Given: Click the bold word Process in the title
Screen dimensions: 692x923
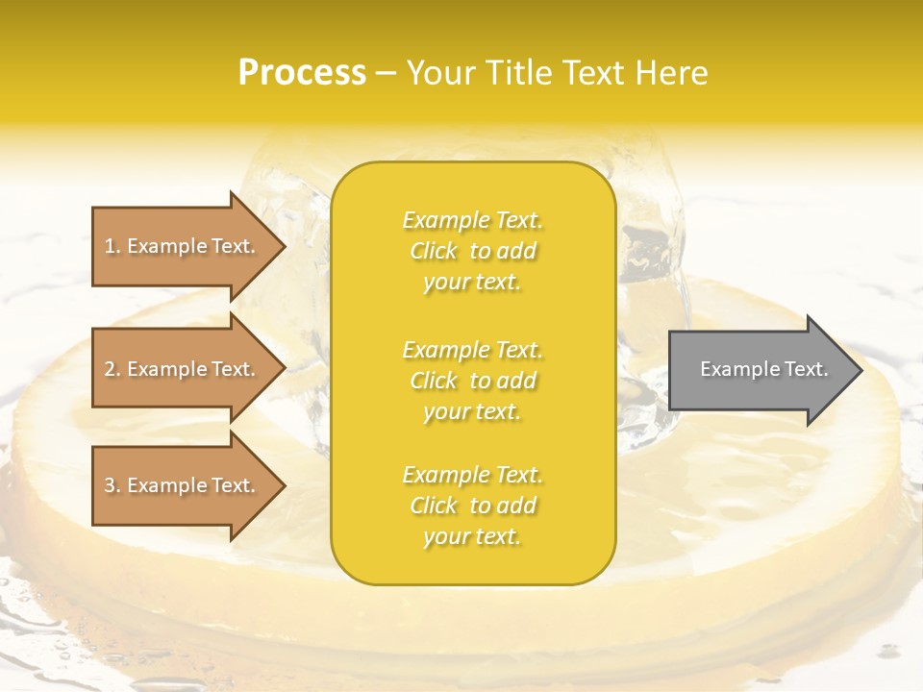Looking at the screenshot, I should tap(302, 73).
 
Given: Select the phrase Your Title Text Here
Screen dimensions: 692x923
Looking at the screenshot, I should tap(557, 73).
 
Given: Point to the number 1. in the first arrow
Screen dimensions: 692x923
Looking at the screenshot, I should tap(112, 247).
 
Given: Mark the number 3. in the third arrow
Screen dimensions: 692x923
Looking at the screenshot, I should tap(112, 486).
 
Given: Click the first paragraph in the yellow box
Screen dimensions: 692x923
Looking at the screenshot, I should tap(472, 251).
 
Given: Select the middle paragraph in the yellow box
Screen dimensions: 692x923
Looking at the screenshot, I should tap(472, 381).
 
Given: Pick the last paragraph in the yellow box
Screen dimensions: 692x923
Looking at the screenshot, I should tap(472, 506).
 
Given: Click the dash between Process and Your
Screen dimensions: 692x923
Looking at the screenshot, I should tap(386, 74).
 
